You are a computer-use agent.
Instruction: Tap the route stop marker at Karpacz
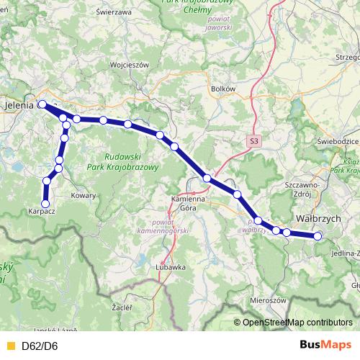coord(45,204)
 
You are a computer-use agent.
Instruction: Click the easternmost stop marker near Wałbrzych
coord(318,236)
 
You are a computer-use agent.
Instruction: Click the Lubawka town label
coord(170,266)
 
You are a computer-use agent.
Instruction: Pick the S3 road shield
coord(253,142)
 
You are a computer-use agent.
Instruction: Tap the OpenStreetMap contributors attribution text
coord(297,323)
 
